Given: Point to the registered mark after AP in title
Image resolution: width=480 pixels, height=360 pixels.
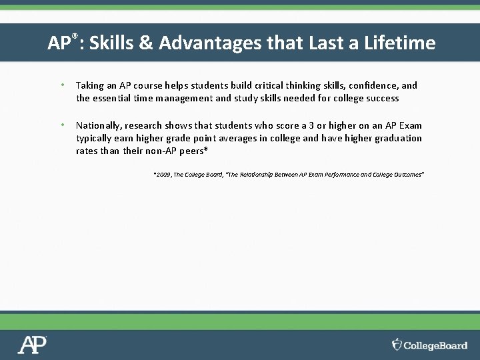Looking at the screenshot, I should [x=75, y=37].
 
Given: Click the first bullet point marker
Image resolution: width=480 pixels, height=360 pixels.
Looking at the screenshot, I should [x=61, y=85].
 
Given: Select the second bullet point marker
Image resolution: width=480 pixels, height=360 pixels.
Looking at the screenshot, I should [x=61, y=125].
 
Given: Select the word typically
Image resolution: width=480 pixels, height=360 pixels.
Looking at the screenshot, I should [x=95, y=138].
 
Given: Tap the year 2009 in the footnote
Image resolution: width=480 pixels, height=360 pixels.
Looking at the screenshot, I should [x=162, y=174].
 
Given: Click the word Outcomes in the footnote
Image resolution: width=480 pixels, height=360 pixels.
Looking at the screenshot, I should [x=404, y=174].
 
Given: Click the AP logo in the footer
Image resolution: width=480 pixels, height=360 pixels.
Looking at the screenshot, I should [x=32, y=345].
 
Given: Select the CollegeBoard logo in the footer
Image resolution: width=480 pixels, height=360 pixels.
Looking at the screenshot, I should [x=429, y=345].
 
